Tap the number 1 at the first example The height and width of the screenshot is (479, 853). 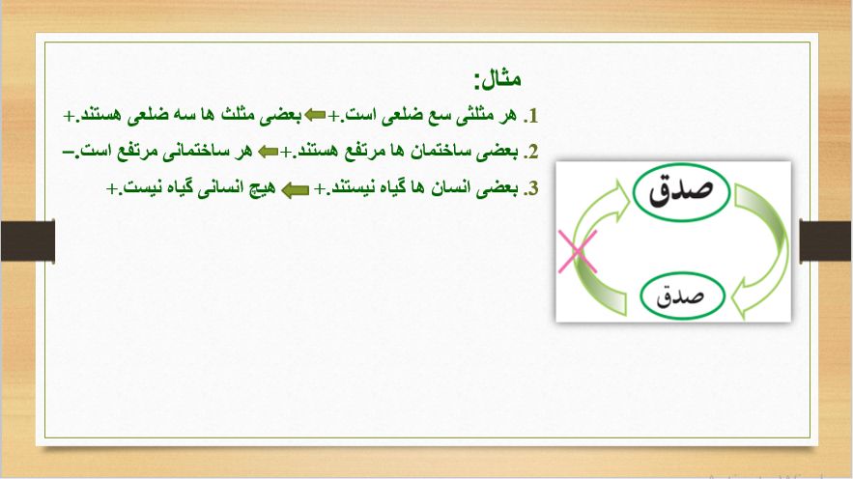click(532, 116)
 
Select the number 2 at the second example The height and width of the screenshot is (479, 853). click(532, 152)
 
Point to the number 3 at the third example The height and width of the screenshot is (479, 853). click(532, 188)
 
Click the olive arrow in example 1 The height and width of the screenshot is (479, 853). click(315, 115)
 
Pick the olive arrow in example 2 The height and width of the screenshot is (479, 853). click(269, 152)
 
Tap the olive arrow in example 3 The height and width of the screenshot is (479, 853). click(296, 190)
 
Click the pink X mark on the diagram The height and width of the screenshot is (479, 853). click(577, 252)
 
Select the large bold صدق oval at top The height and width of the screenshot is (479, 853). click(681, 192)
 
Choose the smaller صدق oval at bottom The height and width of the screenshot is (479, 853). click(682, 296)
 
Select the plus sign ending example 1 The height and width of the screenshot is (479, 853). click(70, 116)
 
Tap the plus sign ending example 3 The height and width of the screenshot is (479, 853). click(112, 188)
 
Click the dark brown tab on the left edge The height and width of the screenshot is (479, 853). click(28, 241)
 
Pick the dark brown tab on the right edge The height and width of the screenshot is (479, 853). click(826, 241)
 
